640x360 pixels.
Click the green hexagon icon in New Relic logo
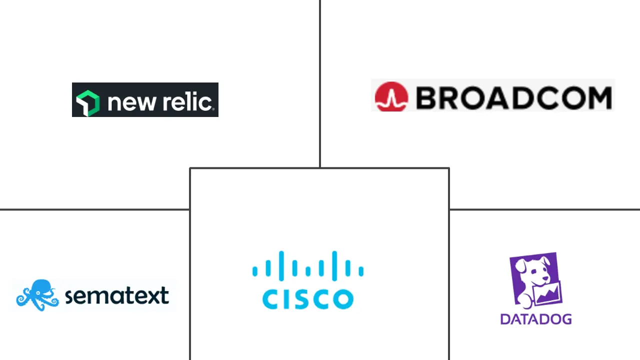pyautogui.click(x=87, y=102)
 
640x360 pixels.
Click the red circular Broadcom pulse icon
pyautogui.click(x=391, y=96)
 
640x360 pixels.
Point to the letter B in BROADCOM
pyautogui.click(x=426, y=97)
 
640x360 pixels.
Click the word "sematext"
pyautogui.click(x=116, y=296)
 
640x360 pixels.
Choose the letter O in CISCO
pyautogui.click(x=343, y=298)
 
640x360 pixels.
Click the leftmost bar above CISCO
pyautogui.click(x=255, y=270)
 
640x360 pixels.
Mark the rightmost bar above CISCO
pyautogui.click(x=361, y=270)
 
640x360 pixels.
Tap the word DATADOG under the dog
pyautogui.click(x=535, y=319)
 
